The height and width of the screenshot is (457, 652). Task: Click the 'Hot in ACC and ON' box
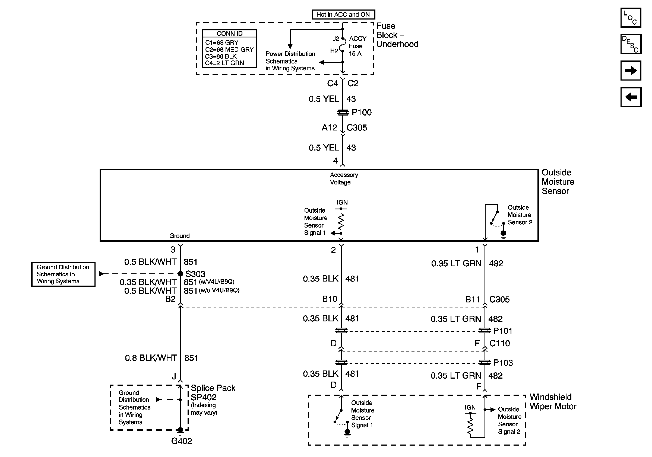pos(343,14)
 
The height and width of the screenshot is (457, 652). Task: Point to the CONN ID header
pos(229,33)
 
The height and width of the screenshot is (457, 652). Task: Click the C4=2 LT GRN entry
pos(224,63)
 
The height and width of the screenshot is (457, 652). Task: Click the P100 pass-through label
pos(361,113)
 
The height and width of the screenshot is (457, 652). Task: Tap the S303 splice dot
pos(180,274)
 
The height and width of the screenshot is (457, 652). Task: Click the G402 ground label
pos(182,441)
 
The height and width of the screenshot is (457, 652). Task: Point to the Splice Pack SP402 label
pos(213,393)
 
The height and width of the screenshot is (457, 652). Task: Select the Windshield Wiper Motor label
pos(553,402)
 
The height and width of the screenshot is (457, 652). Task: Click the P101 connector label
pos(503,331)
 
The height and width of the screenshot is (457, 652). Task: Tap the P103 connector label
pos(503,363)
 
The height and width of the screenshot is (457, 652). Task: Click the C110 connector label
pos(499,343)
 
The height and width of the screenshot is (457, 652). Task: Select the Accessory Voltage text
pos(343,178)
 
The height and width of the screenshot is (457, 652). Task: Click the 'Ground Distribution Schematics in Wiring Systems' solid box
pos(63,274)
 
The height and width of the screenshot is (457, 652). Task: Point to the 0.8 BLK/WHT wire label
pos(151,358)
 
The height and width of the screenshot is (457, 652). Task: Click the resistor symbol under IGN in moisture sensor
pos(341,221)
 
